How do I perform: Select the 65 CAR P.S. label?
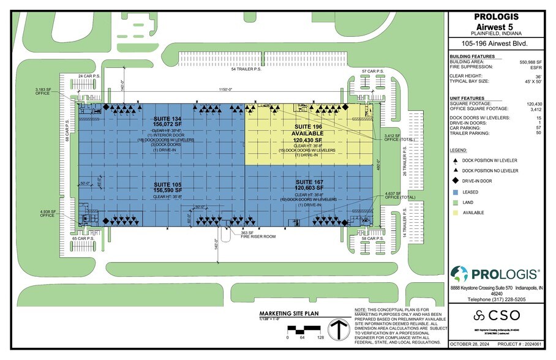tap(86, 238)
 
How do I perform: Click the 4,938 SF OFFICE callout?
tap(48, 213)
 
